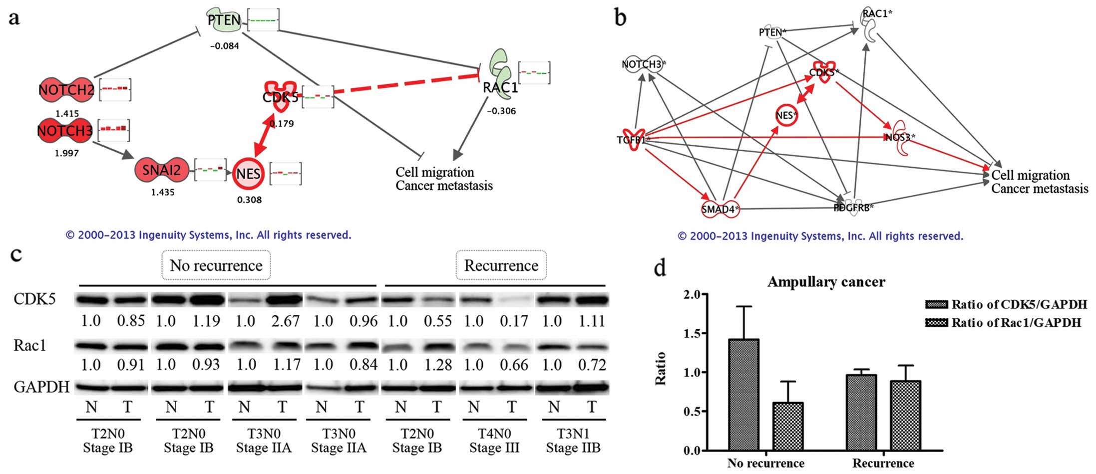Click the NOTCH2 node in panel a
point(66,90)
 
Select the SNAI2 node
point(161,171)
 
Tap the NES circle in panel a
point(248,174)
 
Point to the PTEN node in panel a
point(224,20)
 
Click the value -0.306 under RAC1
point(501,111)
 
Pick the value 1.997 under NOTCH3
point(66,153)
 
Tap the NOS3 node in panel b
point(900,137)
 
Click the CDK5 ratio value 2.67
point(285,321)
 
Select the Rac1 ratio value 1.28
point(437,365)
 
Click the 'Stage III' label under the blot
point(494,448)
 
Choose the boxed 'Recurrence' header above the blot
point(501,265)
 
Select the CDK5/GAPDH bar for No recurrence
point(743,394)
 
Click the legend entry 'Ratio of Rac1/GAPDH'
point(1016,323)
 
